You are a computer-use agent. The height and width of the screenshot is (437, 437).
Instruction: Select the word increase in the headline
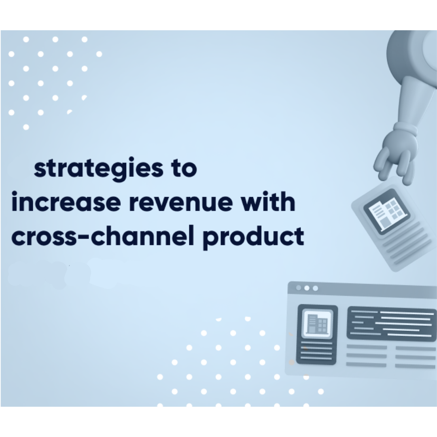[66, 202]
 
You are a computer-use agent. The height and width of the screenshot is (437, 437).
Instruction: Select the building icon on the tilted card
[387, 212]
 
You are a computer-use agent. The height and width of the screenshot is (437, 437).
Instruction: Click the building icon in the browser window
[317, 324]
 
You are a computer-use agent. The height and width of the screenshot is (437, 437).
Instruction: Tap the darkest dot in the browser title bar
[299, 288]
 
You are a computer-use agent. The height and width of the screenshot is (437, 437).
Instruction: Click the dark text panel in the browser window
[392, 324]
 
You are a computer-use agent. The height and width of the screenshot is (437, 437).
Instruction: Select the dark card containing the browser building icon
[317, 335]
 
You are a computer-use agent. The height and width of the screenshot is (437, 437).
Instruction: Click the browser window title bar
[362, 289]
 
